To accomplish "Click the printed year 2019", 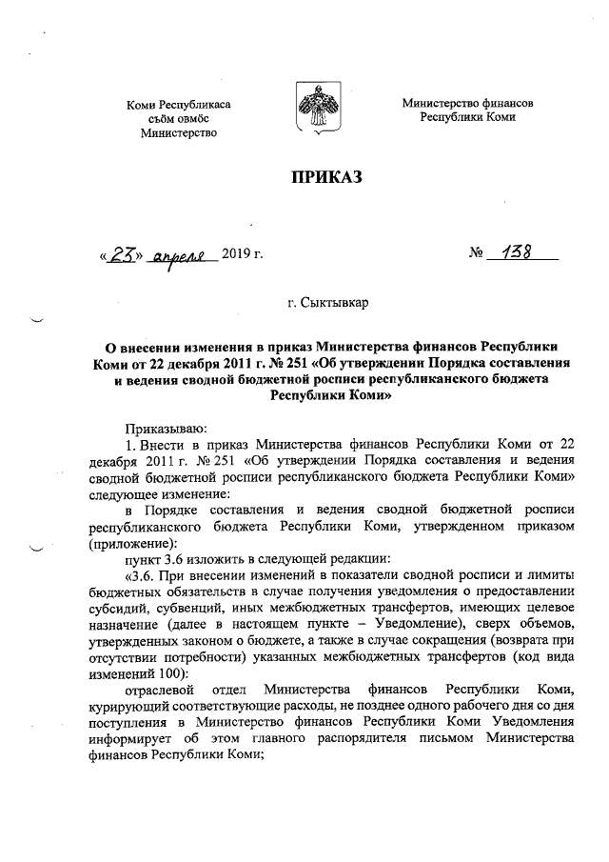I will click(238, 254).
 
